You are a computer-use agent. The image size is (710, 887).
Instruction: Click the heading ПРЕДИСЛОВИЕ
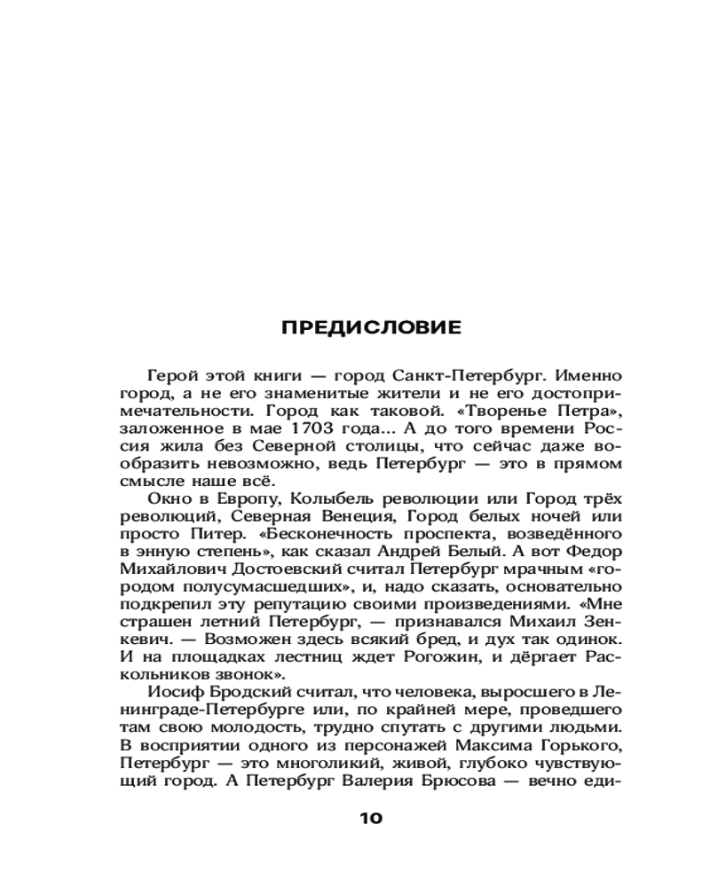(x=371, y=327)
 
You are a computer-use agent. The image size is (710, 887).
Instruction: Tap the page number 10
(x=371, y=818)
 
